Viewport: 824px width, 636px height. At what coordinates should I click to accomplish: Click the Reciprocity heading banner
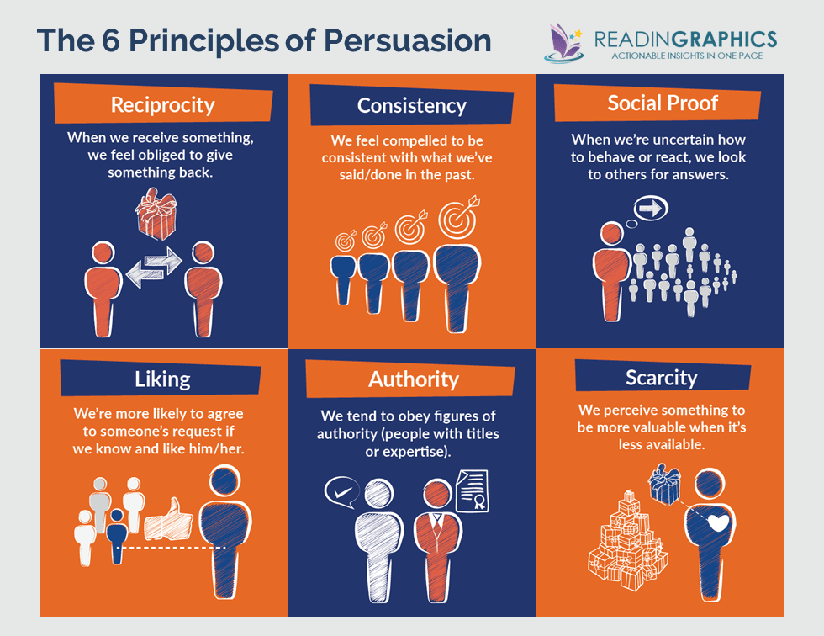(x=162, y=105)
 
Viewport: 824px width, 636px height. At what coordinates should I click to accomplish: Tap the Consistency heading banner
(x=411, y=106)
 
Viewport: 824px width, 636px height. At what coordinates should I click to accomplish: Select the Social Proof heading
(x=663, y=103)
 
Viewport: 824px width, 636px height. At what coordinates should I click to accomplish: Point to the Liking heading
(x=162, y=379)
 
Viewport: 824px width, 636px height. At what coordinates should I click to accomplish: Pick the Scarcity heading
(x=661, y=377)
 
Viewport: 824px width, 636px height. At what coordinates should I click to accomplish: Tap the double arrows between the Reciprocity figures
(x=154, y=268)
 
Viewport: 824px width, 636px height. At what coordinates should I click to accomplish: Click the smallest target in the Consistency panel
(x=346, y=240)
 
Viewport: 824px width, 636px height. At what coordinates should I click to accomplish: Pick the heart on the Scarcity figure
(x=717, y=523)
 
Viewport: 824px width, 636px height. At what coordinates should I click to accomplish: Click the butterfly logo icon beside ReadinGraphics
(x=563, y=42)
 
